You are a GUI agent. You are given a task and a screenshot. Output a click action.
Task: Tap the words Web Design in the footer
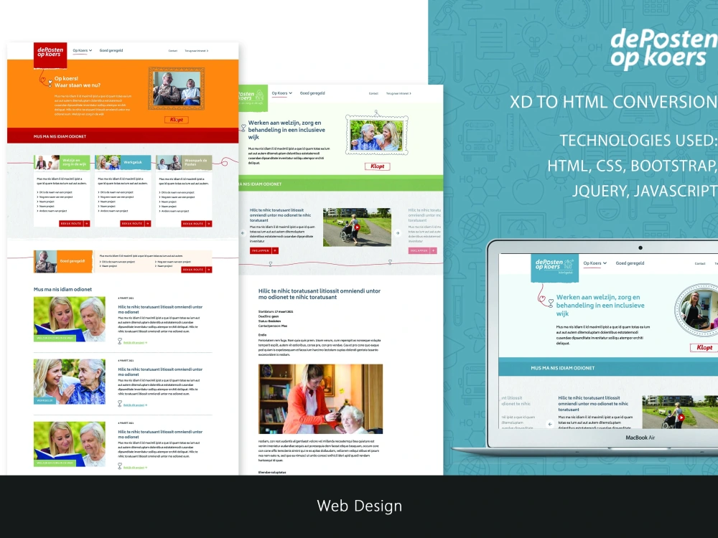(x=359, y=506)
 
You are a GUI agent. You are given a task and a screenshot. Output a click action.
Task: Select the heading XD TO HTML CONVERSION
(x=613, y=102)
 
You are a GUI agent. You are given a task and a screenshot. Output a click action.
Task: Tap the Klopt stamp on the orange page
(x=176, y=120)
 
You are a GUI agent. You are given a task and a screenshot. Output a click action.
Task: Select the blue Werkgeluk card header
(x=123, y=163)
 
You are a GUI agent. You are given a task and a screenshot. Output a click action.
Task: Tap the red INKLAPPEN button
(x=264, y=250)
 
